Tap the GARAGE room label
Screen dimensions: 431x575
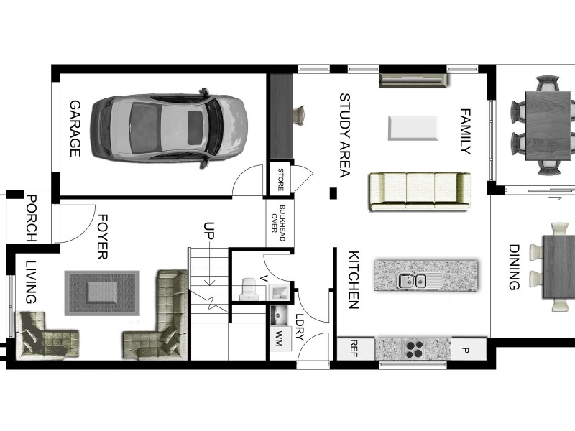(75, 129)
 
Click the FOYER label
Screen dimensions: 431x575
(102, 236)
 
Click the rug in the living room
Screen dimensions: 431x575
(102, 292)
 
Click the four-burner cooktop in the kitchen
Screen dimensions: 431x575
(415, 349)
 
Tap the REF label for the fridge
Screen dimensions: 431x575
(353, 348)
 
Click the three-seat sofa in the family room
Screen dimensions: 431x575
(419, 192)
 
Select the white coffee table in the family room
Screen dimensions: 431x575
(413, 128)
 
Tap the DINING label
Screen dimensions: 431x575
(514, 267)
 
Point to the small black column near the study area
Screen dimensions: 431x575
(333, 193)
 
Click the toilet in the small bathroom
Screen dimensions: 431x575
(249, 286)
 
